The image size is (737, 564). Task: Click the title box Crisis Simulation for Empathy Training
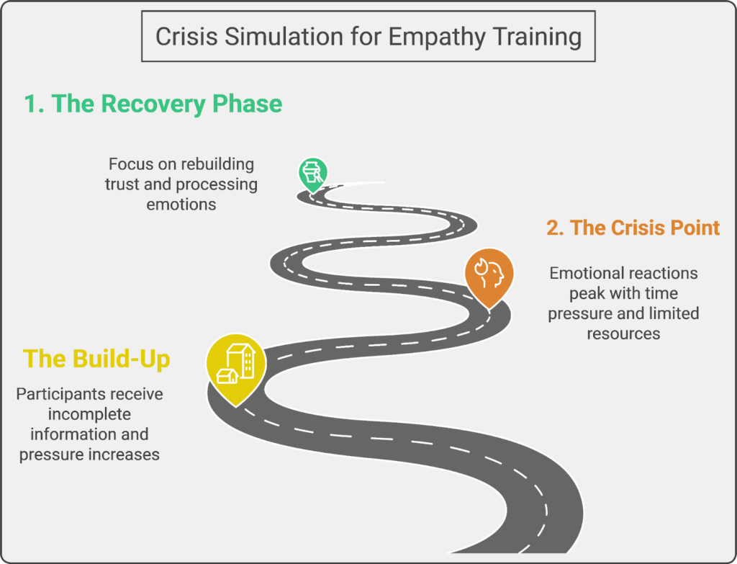point(368,37)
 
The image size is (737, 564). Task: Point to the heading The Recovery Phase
point(153,104)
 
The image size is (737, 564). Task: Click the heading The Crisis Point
point(633,228)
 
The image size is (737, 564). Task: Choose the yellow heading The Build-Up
point(96,359)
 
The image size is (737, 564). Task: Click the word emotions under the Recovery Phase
point(181,204)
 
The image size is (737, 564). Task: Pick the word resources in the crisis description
point(623,334)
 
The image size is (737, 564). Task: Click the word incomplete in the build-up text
point(89,414)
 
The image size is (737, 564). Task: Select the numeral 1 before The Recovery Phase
point(31,104)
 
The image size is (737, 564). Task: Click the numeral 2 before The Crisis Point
point(553,228)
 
